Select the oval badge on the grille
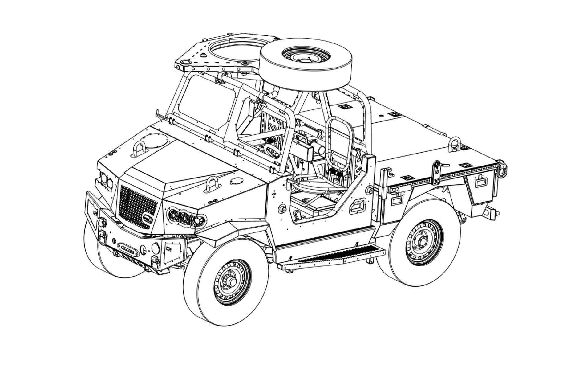148,218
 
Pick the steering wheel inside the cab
272,151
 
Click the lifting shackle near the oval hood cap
212,185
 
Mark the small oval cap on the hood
236,181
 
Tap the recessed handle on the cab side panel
357,206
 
